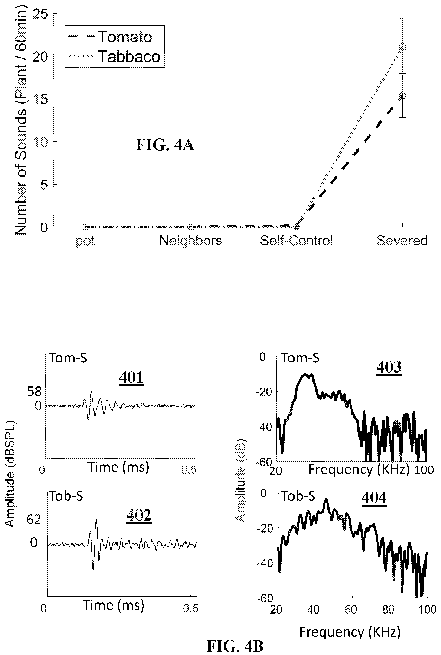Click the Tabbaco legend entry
coord(115,56)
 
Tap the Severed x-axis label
coord(402,241)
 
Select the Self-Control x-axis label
coord(296,241)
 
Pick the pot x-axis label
coord(85,241)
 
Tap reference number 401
coord(131,377)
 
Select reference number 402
coord(139,515)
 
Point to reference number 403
coord(389,367)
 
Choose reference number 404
coord(374,498)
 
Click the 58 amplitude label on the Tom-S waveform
coord(34,391)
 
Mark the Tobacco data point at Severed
coord(403,46)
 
